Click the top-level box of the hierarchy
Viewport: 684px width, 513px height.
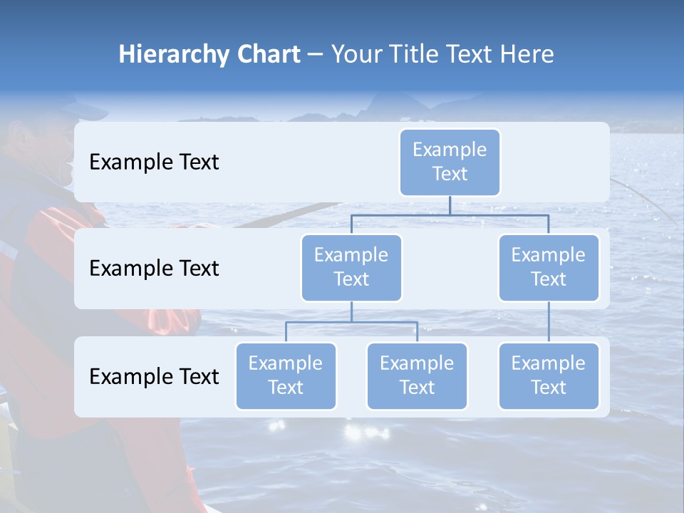(x=450, y=162)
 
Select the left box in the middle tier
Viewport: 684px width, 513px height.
(x=351, y=268)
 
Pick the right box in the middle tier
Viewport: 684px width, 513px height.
(x=549, y=268)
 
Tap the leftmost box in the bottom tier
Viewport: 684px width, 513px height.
(x=286, y=376)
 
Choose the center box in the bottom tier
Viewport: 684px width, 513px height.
(x=417, y=376)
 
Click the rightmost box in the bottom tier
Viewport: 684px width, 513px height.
(x=549, y=376)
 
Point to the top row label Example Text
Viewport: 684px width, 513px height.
(x=154, y=162)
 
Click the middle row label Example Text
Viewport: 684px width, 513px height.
(x=154, y=269)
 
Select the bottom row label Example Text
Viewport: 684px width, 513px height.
(x=154, y=376)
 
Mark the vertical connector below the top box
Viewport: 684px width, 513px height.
(x=450, y=205)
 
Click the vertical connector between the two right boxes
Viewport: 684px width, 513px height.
(x=549, y=322)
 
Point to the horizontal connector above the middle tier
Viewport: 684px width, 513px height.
(x=450, y=215)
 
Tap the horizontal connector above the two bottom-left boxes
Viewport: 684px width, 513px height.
(x=351, y=322)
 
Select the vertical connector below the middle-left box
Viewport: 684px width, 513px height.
(x=351, y=311)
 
